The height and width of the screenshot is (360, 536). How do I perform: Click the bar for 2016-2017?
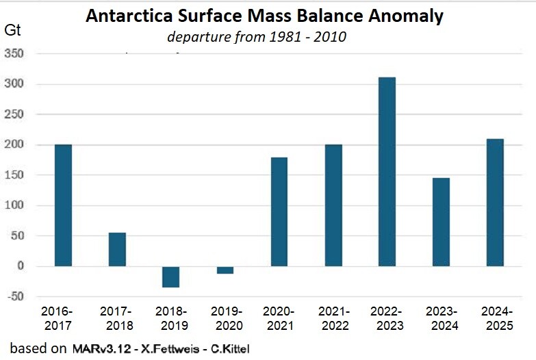(63, 205)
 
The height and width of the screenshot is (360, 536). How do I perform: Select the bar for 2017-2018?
(117, 249)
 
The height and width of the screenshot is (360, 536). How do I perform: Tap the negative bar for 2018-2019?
(171, 277)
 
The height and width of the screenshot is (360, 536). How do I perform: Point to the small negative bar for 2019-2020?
(225, 270)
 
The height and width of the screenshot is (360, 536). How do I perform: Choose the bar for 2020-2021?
(279, 211)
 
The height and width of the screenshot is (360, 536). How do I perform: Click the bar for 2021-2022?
(333, 205)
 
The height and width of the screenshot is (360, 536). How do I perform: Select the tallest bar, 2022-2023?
(387, 171)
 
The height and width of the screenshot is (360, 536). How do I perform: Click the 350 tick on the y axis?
(15, 54)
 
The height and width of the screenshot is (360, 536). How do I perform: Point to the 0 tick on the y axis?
(21, 266)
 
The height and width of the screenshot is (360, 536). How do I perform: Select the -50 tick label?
(16, 296)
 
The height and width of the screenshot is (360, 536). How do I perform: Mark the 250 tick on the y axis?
(15, 115)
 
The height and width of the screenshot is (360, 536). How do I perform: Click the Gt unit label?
(13, 29)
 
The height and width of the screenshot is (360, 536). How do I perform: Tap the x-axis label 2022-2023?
(387, 318)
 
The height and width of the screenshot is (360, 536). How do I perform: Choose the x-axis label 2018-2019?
(171, 318)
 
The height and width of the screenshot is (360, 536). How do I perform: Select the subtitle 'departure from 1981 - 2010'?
(257, 36)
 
